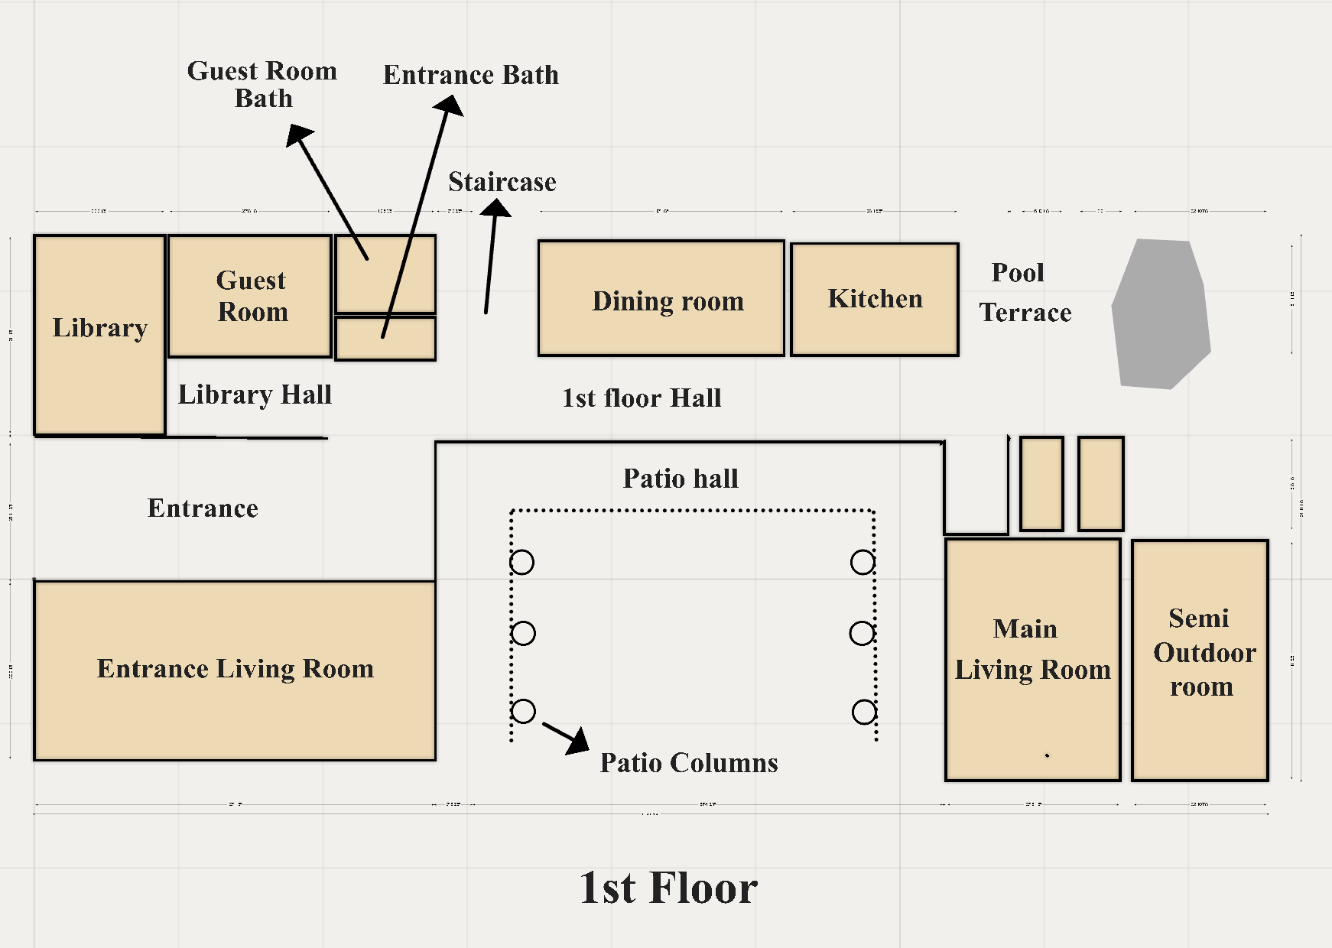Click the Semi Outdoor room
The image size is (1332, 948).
1200,726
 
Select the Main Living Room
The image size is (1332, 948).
1032,719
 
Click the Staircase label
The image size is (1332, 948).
502,182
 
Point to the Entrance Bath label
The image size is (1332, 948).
470,75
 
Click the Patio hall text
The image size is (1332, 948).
681,479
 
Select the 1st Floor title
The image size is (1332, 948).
668,888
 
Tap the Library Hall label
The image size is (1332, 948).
255,394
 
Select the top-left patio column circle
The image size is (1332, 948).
521,563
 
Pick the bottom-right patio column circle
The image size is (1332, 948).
864,713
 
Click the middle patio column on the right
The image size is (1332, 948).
862,633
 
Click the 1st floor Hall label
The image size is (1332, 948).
642,398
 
